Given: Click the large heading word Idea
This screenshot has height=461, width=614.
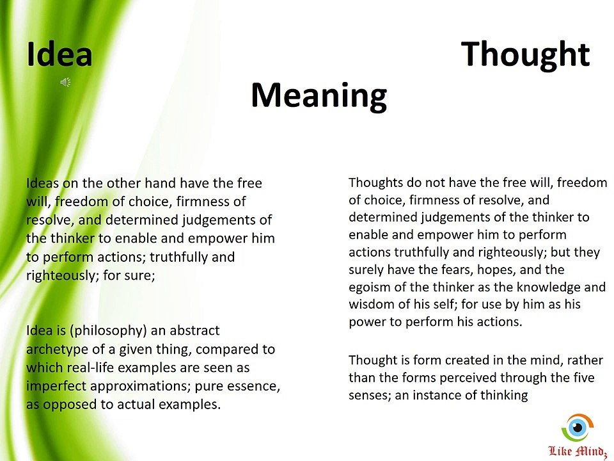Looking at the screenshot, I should (x=59, y=54).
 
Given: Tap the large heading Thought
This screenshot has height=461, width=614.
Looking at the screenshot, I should (x=525, y=54).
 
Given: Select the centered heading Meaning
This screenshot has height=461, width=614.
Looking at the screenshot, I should (x=319, y=95).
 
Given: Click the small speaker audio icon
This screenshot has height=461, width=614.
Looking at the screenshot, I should (x=65, y=82).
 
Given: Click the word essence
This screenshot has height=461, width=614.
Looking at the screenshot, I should (x=253, y=386).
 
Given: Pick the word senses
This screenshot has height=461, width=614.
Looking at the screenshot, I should (x=369, y=395).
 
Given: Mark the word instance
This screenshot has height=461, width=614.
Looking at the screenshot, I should (x=437, y=395).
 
